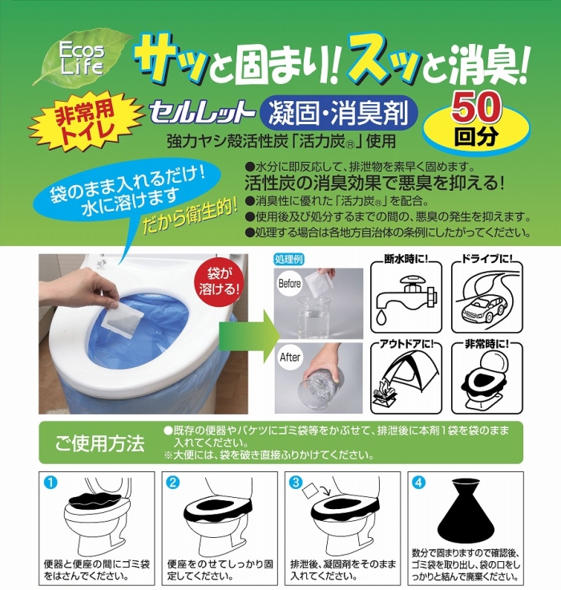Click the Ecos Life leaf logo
[82, 59]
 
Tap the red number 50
[477, 107]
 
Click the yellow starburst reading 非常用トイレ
[85, 123]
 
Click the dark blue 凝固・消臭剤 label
[339, 112]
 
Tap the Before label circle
[290, 283]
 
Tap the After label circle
[290, 358]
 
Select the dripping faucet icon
[406, 297]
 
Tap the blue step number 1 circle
[50, 483]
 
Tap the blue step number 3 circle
[297, 483]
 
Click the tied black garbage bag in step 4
[465, 511]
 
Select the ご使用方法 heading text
[99, 442]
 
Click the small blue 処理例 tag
[289, 259]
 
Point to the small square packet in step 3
[311, 490]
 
